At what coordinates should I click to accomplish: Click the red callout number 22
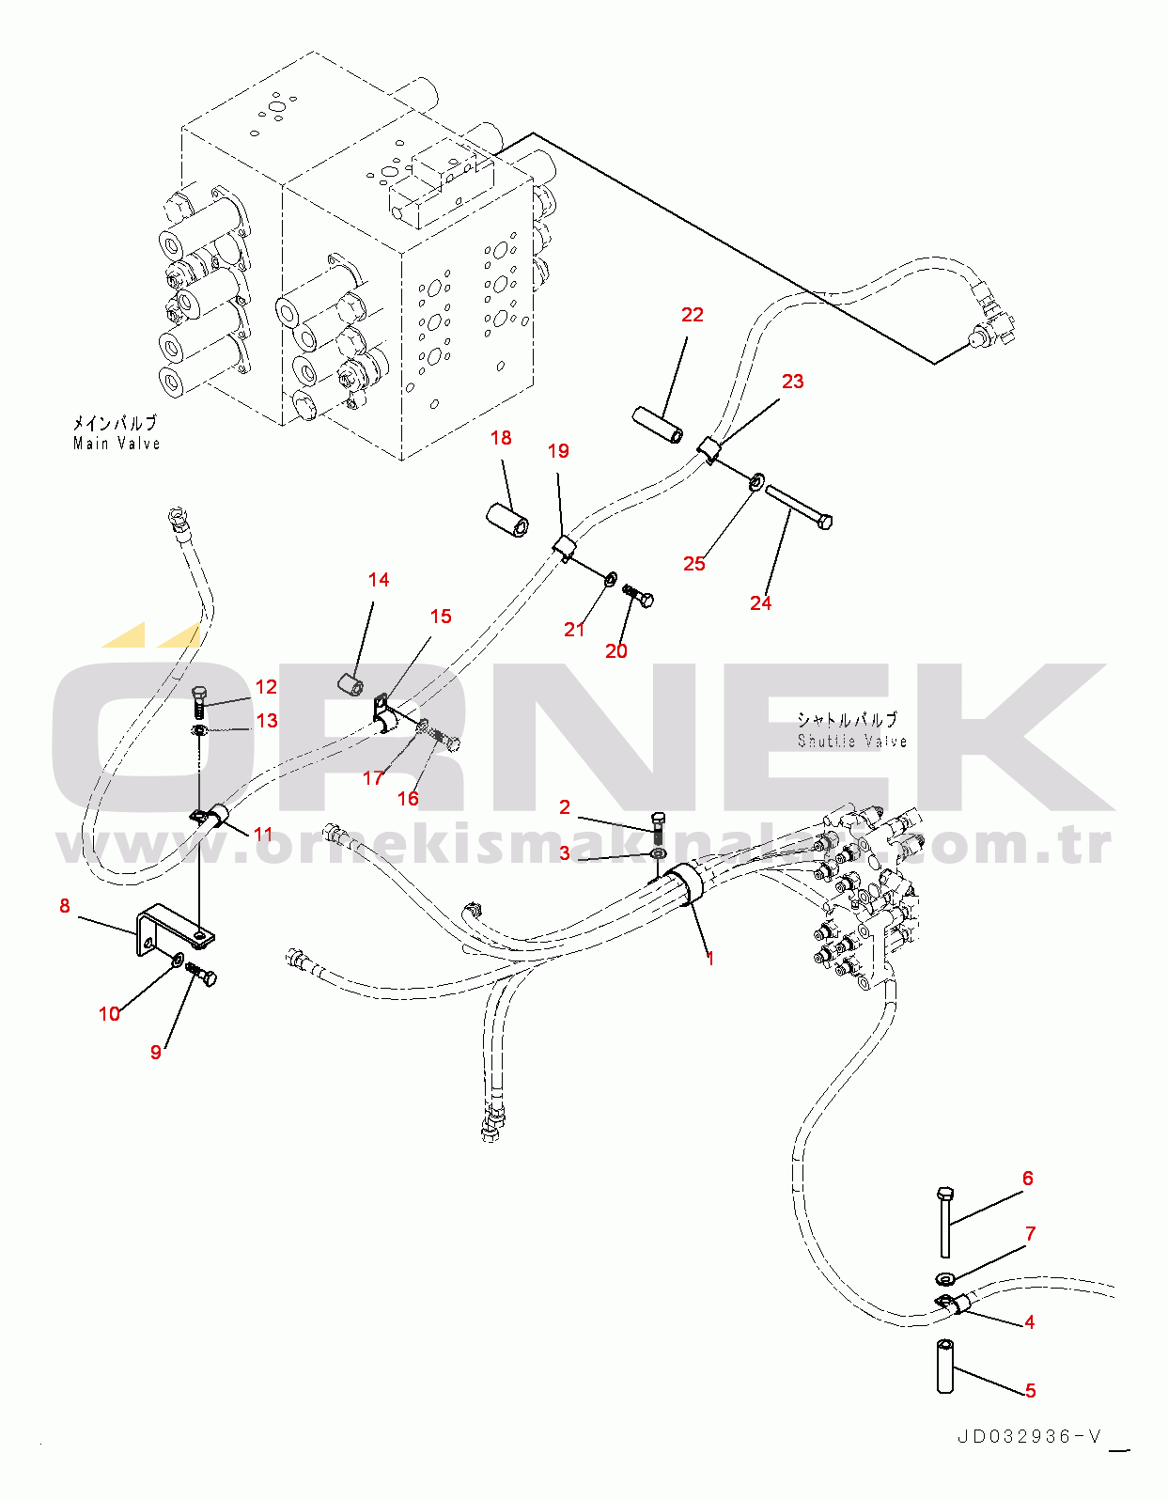point(692,315)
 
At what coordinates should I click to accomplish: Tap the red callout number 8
point(64,906)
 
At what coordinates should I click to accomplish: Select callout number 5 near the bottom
point(1030,1390)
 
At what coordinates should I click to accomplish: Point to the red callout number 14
point(378,580)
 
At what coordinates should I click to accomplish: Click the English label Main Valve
point(117,444)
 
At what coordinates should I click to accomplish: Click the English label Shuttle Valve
point(851,741)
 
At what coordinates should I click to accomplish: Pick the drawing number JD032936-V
point(1029,1437)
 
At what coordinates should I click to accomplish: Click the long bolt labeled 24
point(798,504)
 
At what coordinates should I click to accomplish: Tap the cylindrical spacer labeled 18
point(507,517)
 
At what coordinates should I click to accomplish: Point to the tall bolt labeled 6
point(944,1222)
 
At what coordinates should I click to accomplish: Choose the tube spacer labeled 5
point(944,1367)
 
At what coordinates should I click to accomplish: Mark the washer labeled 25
point(756,483)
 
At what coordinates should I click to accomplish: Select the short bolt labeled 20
point(638,595)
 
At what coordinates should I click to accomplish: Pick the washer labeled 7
point(943,1278)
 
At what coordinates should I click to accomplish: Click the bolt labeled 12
point(200,701)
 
